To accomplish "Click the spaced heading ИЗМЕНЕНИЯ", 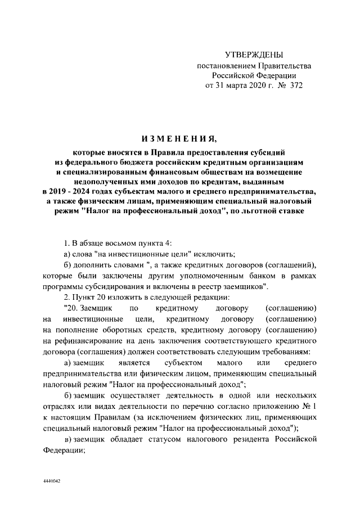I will pyautogui.click(x=179, y=139).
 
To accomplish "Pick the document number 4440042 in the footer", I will pyautogui.click(x=51, y=483).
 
